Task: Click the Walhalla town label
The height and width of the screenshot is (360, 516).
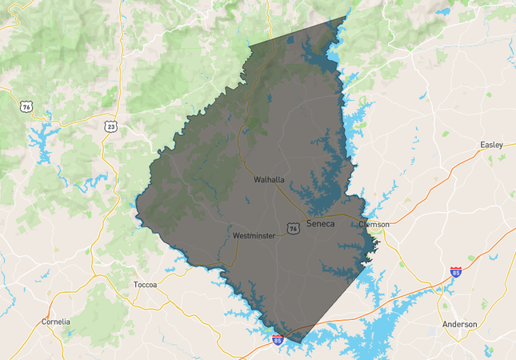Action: pyautogui.click(x=269, y=180)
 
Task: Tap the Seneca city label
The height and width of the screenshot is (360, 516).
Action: pyautogui.click(x=320, y=225)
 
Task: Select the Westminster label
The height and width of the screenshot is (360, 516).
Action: pyautogui.click(x=254, y=237)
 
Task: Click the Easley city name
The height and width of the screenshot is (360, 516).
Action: pyautogui.click(x=491, y=145)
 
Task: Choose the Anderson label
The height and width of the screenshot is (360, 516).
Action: pyautogui.click(x=459, y=324)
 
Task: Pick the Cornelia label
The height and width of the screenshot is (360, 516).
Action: pyautogui.click(x=55, y=322)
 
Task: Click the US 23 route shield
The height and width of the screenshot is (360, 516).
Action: pyautogui.click(x=110, y=126)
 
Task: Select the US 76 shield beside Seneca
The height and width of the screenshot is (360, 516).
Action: pyautogui.click(x=294, y=229)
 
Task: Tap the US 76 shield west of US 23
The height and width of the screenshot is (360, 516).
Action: pyautogui.click(x=27, y=106)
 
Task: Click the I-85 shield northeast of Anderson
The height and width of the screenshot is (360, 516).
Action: pyautogui.click(x=455, y=272)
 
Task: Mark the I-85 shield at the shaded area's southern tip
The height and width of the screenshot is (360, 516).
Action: pyautogui.click(x=277, y=341)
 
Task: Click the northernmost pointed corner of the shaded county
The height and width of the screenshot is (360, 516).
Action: pyautogui.click(x=347, y=17)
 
